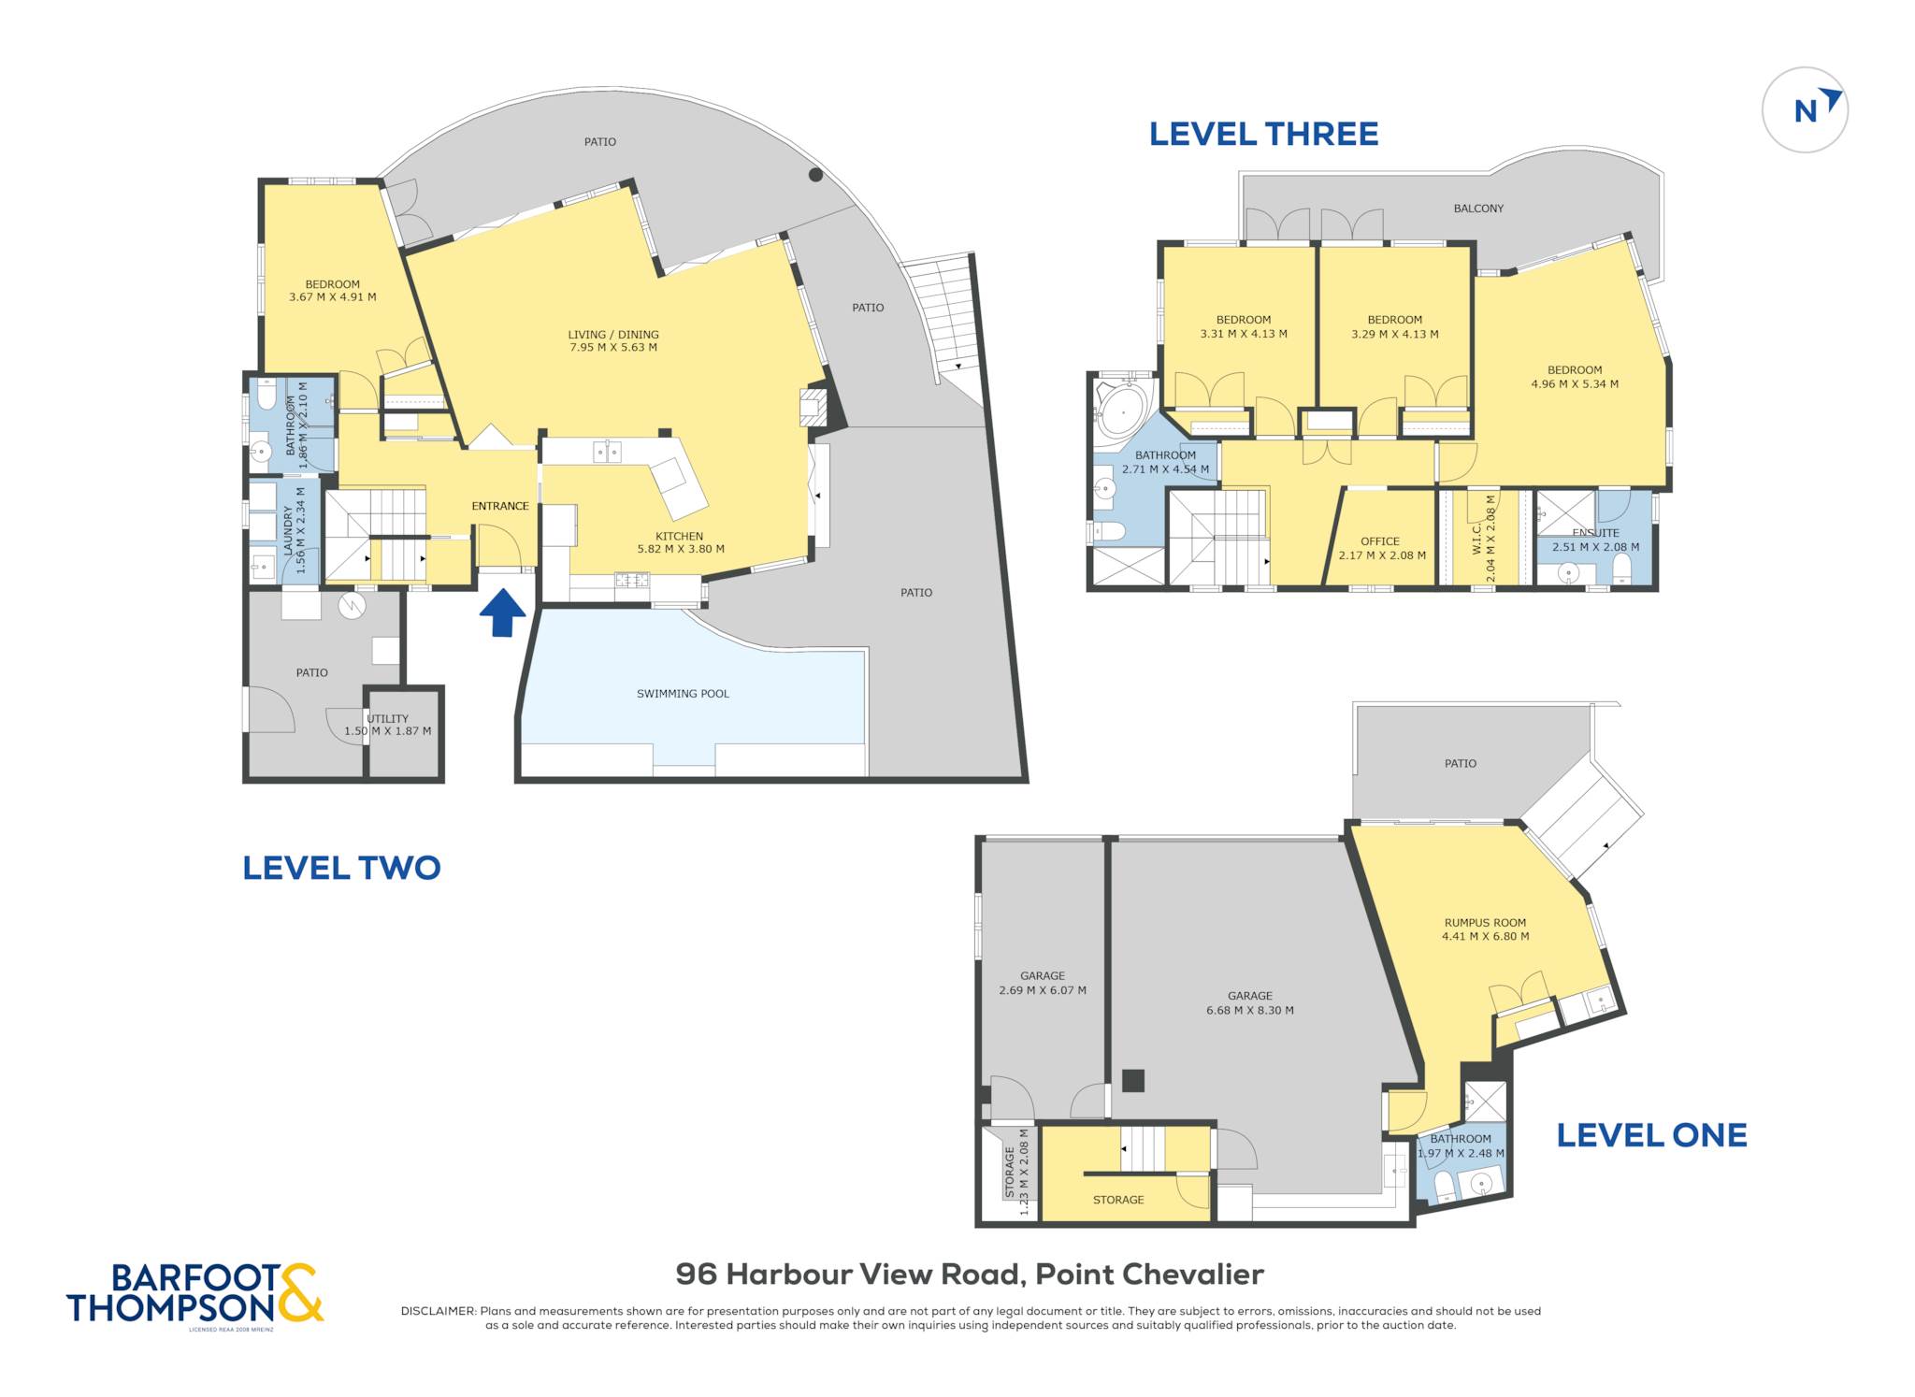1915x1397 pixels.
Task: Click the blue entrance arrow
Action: [x=502, y=612]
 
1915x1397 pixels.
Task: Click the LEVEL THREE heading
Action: [x=1263, y=135]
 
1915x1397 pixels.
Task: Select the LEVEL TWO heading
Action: [x=341, y=868]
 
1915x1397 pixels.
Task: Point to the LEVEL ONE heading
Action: [x=1651, y=1135]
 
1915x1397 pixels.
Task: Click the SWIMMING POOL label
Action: [x=683, y=694]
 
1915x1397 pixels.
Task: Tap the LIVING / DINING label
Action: [x=613, y=335]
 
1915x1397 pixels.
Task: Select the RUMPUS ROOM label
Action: [x=1485, y=923]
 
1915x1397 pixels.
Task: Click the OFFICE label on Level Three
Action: [x=1380, y=541]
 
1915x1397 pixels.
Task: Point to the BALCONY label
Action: [x=1478, y=209]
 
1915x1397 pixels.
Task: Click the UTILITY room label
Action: [x=387, y=719]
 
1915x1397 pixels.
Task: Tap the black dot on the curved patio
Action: [x=815, y=175]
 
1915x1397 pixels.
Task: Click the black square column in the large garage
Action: [x=1133, y=1081]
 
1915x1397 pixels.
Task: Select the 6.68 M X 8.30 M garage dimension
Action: [x=1250, y=1010]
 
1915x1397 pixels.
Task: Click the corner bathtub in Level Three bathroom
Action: [x=1125, y=409]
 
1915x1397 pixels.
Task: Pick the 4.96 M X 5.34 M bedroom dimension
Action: [x=1575, y=383]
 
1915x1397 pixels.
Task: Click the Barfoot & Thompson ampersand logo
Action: [x=300, y=1292]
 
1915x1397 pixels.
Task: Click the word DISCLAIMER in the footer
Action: [x=438, y=1311]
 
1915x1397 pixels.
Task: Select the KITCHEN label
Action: [x=679, y=537]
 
